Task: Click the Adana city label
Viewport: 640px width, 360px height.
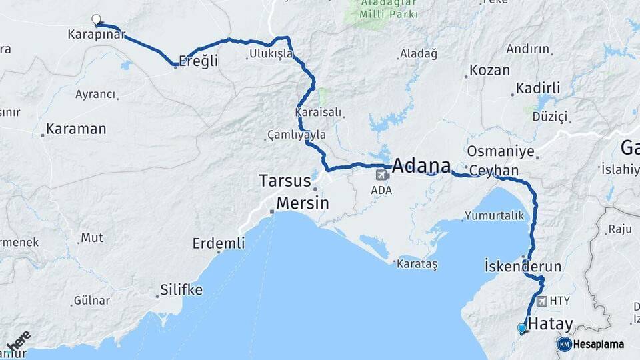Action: point(421,165)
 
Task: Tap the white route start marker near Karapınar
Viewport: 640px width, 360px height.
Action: point(97,19)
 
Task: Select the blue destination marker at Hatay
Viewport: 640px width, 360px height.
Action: point(521,328)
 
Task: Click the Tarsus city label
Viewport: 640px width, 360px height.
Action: point(285,181)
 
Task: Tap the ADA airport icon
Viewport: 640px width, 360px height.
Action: point(382,175)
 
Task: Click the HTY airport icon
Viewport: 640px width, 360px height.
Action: point(541,301)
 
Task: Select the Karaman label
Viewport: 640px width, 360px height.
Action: point(76,129)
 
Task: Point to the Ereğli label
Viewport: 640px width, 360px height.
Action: point(199,61)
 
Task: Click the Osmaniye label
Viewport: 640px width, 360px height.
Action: point(501,151)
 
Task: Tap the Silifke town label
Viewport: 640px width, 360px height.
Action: point(181,290)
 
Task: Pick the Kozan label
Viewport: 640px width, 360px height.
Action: point(489,70)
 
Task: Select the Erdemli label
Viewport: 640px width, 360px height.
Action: point(219,243)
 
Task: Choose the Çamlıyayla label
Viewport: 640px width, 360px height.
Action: point(297,135)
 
